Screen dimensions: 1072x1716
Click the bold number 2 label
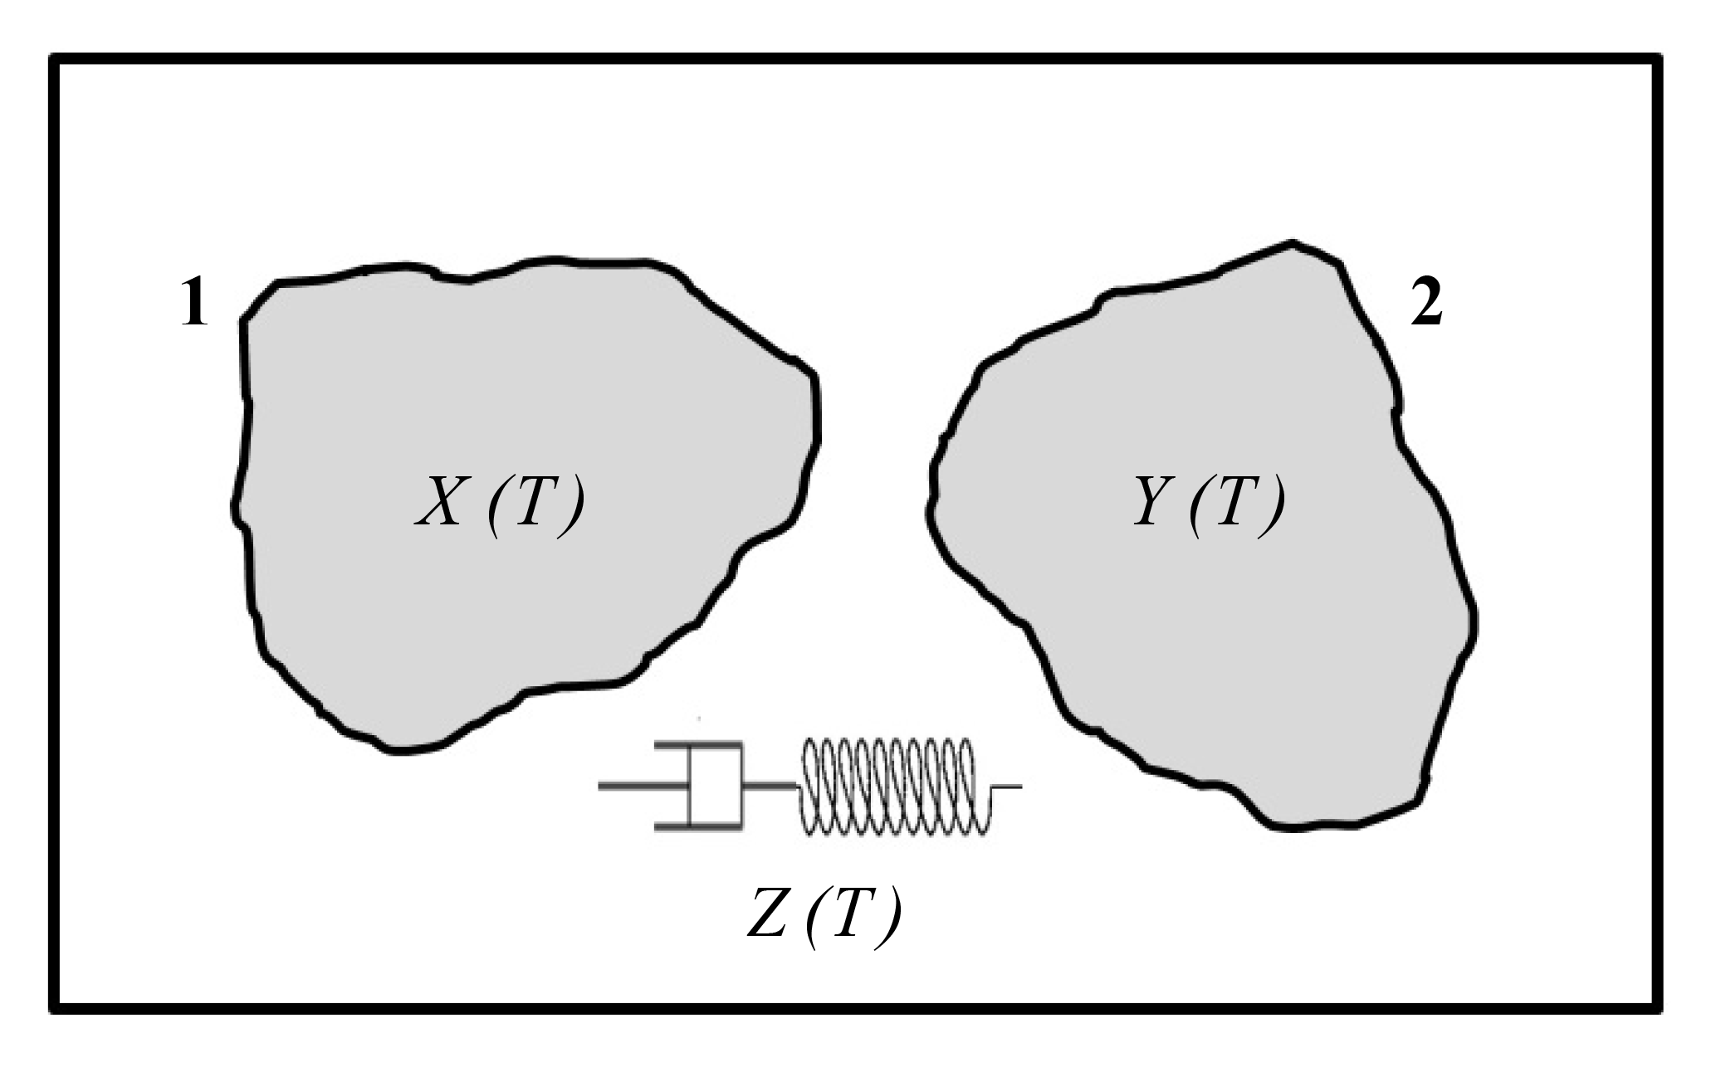click(x=1426, y=306)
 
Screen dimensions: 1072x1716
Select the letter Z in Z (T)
click(x=768, y=923)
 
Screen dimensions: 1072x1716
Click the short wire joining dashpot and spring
click(x=770, y=784)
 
